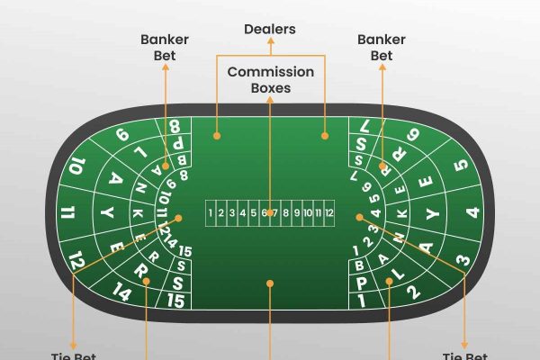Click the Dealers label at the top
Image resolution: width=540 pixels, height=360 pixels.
[x=270, y=29]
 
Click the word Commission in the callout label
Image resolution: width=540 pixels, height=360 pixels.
[x=270, y=71]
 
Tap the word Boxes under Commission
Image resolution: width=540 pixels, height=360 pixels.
[x=270, y=88]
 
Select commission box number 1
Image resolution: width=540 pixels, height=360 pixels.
[x=210, y=213]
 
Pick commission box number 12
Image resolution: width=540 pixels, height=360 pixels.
[x=329, y=213]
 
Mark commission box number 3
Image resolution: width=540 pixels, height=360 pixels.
[x=231, y=213]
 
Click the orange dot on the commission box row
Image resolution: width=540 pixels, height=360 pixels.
[x=270, y=213]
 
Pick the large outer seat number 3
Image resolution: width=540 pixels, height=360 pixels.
[x=463, y=259]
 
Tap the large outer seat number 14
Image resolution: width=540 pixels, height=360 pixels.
[x=123, y=290]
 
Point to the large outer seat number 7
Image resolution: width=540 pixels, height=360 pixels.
[x=363, y=128]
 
